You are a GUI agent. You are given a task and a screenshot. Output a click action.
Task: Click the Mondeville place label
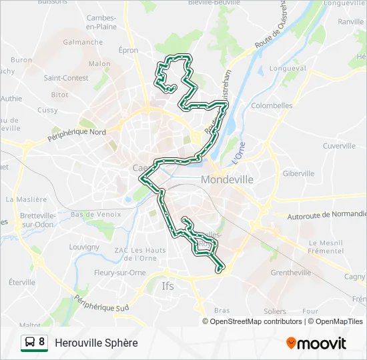(x=227, y=179)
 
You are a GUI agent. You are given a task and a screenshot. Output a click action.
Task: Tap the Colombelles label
(x=272, y=105)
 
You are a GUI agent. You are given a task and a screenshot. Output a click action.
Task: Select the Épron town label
(x=128, y=51)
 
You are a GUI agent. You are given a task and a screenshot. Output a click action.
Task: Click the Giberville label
(x=298, y=173)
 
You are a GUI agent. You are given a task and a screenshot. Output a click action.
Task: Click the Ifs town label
(x=167, y=286)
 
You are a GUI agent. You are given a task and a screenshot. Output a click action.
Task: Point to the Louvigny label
(x=84, y=247)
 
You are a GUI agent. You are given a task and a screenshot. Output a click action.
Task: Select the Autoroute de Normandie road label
(x=327, y=215)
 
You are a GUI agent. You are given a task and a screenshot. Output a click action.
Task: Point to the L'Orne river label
(x=239, y=154)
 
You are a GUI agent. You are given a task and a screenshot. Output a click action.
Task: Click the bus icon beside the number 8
(x=30, y=343)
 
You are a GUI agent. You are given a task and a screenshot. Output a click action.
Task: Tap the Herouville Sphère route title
(x=96, y=343)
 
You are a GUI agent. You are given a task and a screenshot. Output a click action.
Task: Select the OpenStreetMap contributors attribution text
(x=254, y=321)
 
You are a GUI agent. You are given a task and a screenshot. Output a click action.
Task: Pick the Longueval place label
(x=287, y=68)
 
